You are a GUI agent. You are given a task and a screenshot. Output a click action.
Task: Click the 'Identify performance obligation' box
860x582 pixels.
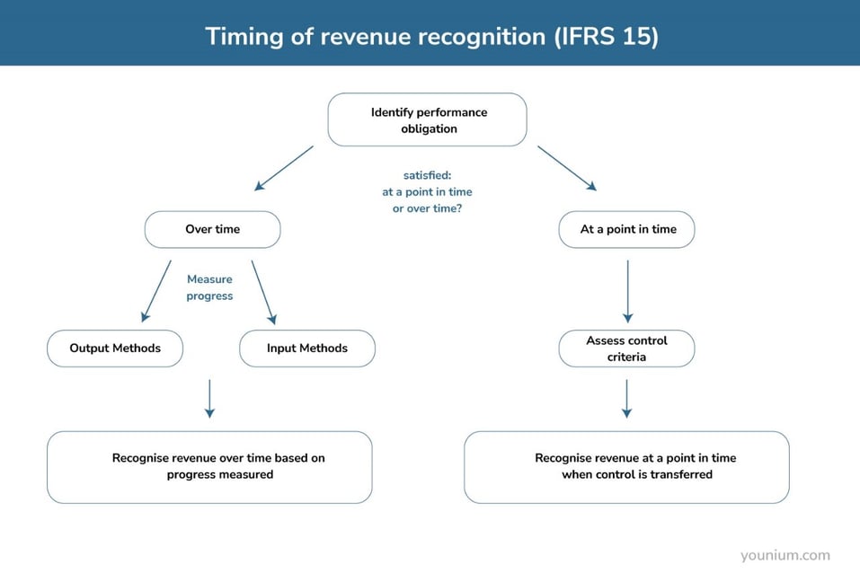click(427, 120)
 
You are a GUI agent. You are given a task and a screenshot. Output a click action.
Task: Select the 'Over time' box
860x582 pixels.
click(212, 229)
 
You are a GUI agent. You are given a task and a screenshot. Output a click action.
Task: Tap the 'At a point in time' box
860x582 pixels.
click(627, 229)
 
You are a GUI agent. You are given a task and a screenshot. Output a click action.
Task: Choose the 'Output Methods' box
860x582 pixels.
click(115, 348)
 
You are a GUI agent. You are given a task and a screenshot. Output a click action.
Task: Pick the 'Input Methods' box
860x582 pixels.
click(306, 348)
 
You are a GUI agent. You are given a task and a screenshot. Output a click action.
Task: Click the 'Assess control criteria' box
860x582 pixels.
click(627, 348)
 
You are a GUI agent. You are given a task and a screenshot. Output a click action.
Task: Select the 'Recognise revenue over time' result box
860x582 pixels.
click(209, 466)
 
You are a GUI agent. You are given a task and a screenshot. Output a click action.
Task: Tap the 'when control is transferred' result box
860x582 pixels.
click(627, 466)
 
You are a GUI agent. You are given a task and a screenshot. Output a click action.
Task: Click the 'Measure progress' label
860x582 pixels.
click(209, 287)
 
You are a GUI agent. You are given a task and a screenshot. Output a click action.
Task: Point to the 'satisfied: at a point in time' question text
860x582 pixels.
click(427, 192)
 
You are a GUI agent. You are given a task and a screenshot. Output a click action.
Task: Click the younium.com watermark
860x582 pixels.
click(785, 555)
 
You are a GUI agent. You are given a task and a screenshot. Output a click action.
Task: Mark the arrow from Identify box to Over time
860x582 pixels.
click(284, 168)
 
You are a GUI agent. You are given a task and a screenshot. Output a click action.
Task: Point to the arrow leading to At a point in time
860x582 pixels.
click(567, 168)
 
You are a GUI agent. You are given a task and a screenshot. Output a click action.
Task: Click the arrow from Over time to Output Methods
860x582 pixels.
click(156, 292)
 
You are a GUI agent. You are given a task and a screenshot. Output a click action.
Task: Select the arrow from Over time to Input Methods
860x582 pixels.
click(263, 292)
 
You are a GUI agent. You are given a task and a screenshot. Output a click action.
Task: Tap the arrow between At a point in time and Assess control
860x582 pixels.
click(627, 291)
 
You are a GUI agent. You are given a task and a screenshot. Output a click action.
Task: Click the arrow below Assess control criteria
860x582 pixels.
click(627, 398)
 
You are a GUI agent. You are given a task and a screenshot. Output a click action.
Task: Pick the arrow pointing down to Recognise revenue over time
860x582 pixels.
click(209, 398)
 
